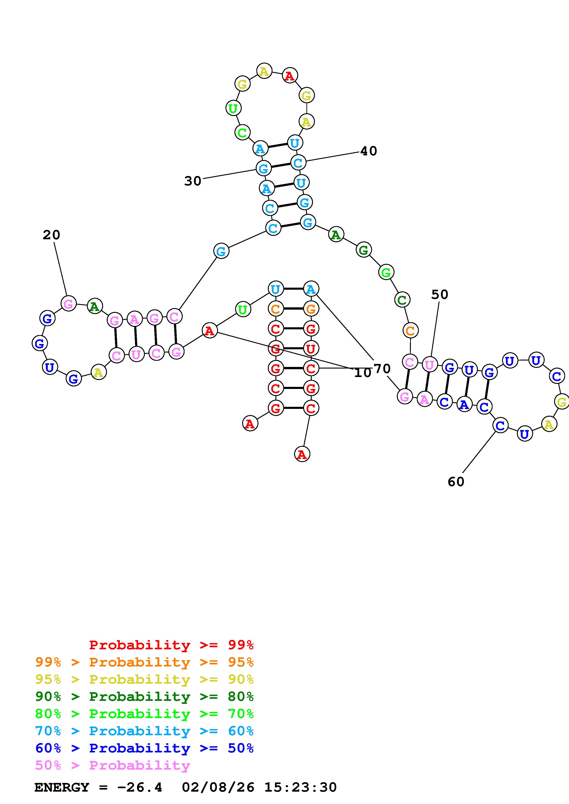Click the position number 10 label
coord(362,373)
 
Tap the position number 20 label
coord(52,235)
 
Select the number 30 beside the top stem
coord(193,181)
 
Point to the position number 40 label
coord(368,151)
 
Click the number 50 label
coord(439,295)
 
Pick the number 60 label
coord(456,482)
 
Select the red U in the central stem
coord(311,349)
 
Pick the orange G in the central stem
coord(311,309)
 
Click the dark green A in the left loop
coord(94,307)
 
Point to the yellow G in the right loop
coord(562,402)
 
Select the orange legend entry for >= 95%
coord(144,662)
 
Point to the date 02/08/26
coord(218,787)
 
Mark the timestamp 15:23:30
coord(300,787)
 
